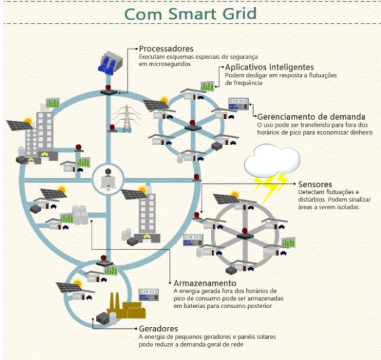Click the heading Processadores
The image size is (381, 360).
click(x=166, y=49)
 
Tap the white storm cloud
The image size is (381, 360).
click(x=272, y=159)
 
